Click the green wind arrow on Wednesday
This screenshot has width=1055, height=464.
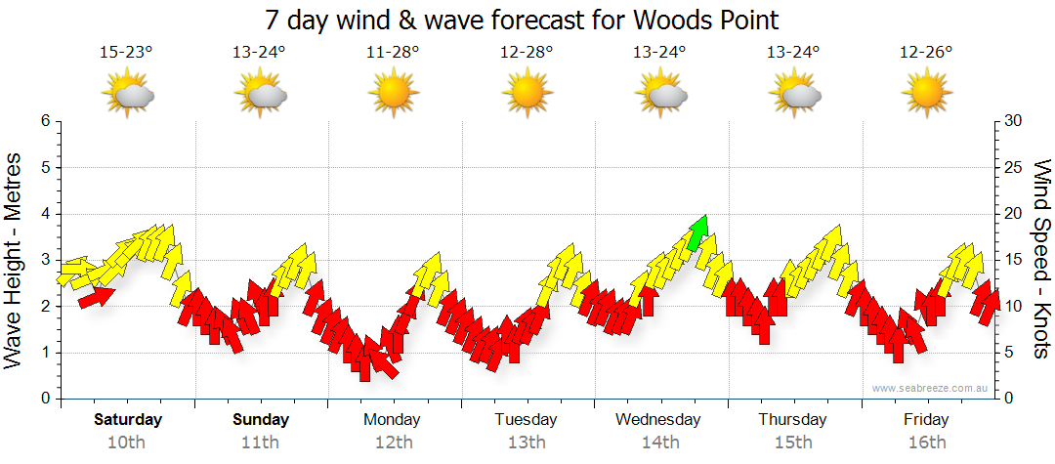697,232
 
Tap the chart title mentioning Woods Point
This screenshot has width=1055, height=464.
522,21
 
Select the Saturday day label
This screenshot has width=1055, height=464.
127,420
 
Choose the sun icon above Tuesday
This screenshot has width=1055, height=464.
527,94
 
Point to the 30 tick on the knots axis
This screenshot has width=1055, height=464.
1015,121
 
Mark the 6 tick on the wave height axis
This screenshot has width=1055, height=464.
44,121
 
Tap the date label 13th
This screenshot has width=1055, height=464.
526,443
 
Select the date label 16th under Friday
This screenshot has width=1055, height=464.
926,443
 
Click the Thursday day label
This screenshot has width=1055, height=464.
792,420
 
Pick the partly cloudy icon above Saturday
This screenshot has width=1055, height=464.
129,94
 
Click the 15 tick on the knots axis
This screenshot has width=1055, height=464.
1015,260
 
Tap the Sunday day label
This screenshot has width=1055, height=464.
261,420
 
